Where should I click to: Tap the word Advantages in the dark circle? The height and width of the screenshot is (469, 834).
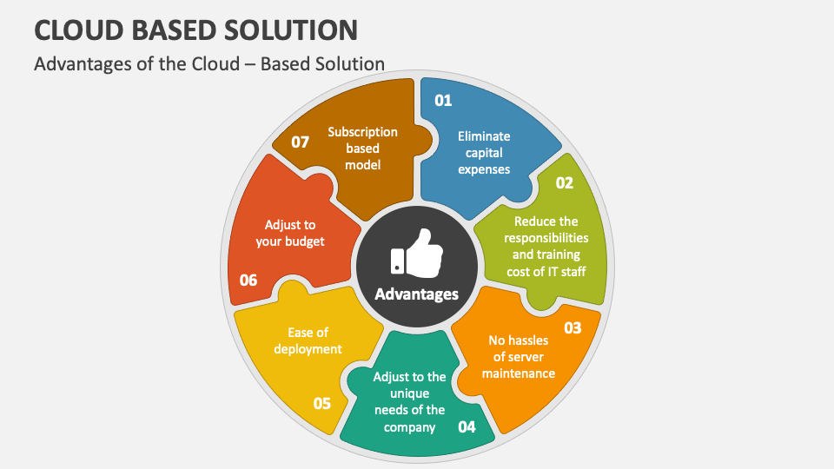[x=416, y=294]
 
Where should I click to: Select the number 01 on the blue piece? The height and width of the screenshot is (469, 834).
[x=443, y=101]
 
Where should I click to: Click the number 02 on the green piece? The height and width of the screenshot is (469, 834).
[x=565, y=182]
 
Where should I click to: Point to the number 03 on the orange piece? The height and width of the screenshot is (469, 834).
[x=573, y=327]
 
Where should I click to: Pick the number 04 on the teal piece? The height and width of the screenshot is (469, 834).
[x=467, y=426]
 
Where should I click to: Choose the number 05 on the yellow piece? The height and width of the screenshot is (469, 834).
[x=322, y=403]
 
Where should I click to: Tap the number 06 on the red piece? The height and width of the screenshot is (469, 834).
[x=248, y=280]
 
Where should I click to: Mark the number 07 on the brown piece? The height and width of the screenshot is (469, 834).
[x=301, y=142]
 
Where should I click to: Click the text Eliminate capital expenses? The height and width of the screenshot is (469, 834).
[x=484, y=153]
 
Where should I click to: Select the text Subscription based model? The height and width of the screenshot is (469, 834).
[x=362, y=149]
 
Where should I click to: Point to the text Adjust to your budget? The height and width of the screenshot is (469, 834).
[x=290, y=233]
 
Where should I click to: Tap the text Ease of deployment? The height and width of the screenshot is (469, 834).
[x=308, y=340]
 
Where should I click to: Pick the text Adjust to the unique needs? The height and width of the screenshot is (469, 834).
[x=409, y=401]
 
